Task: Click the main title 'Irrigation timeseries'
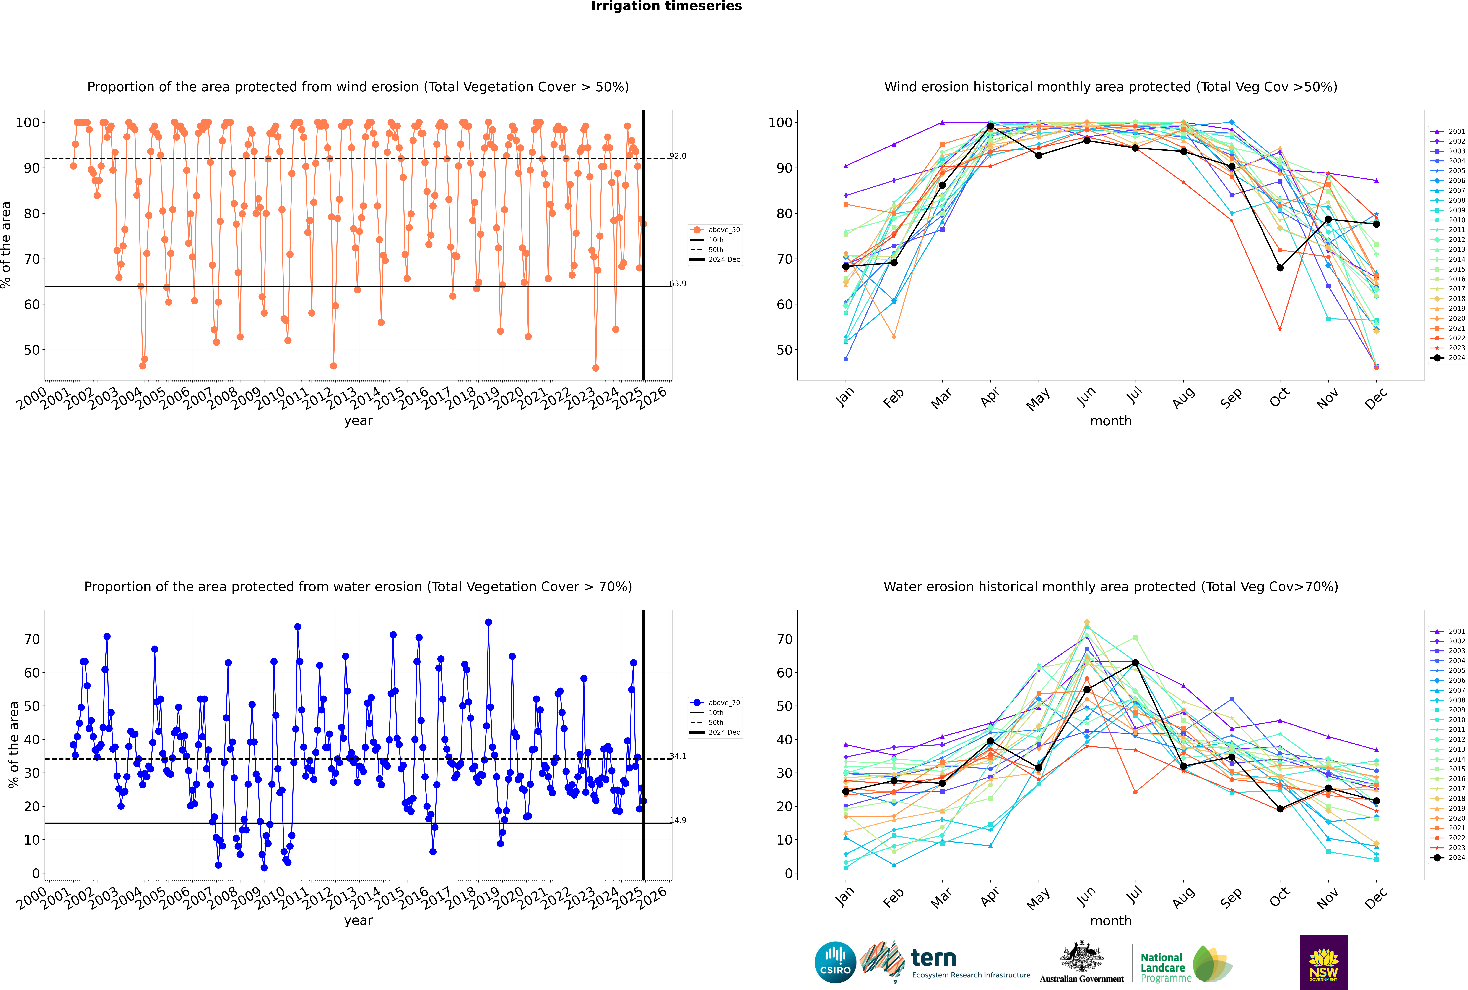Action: point(666,6)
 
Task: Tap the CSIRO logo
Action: point(835,963)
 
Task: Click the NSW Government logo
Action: point(1323,962)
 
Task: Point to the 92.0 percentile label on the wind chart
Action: point(678,156)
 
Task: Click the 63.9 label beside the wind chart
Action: point(678,283)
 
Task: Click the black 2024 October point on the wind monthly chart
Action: point(1280,268)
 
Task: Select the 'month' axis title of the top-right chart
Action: point(1111,421)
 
